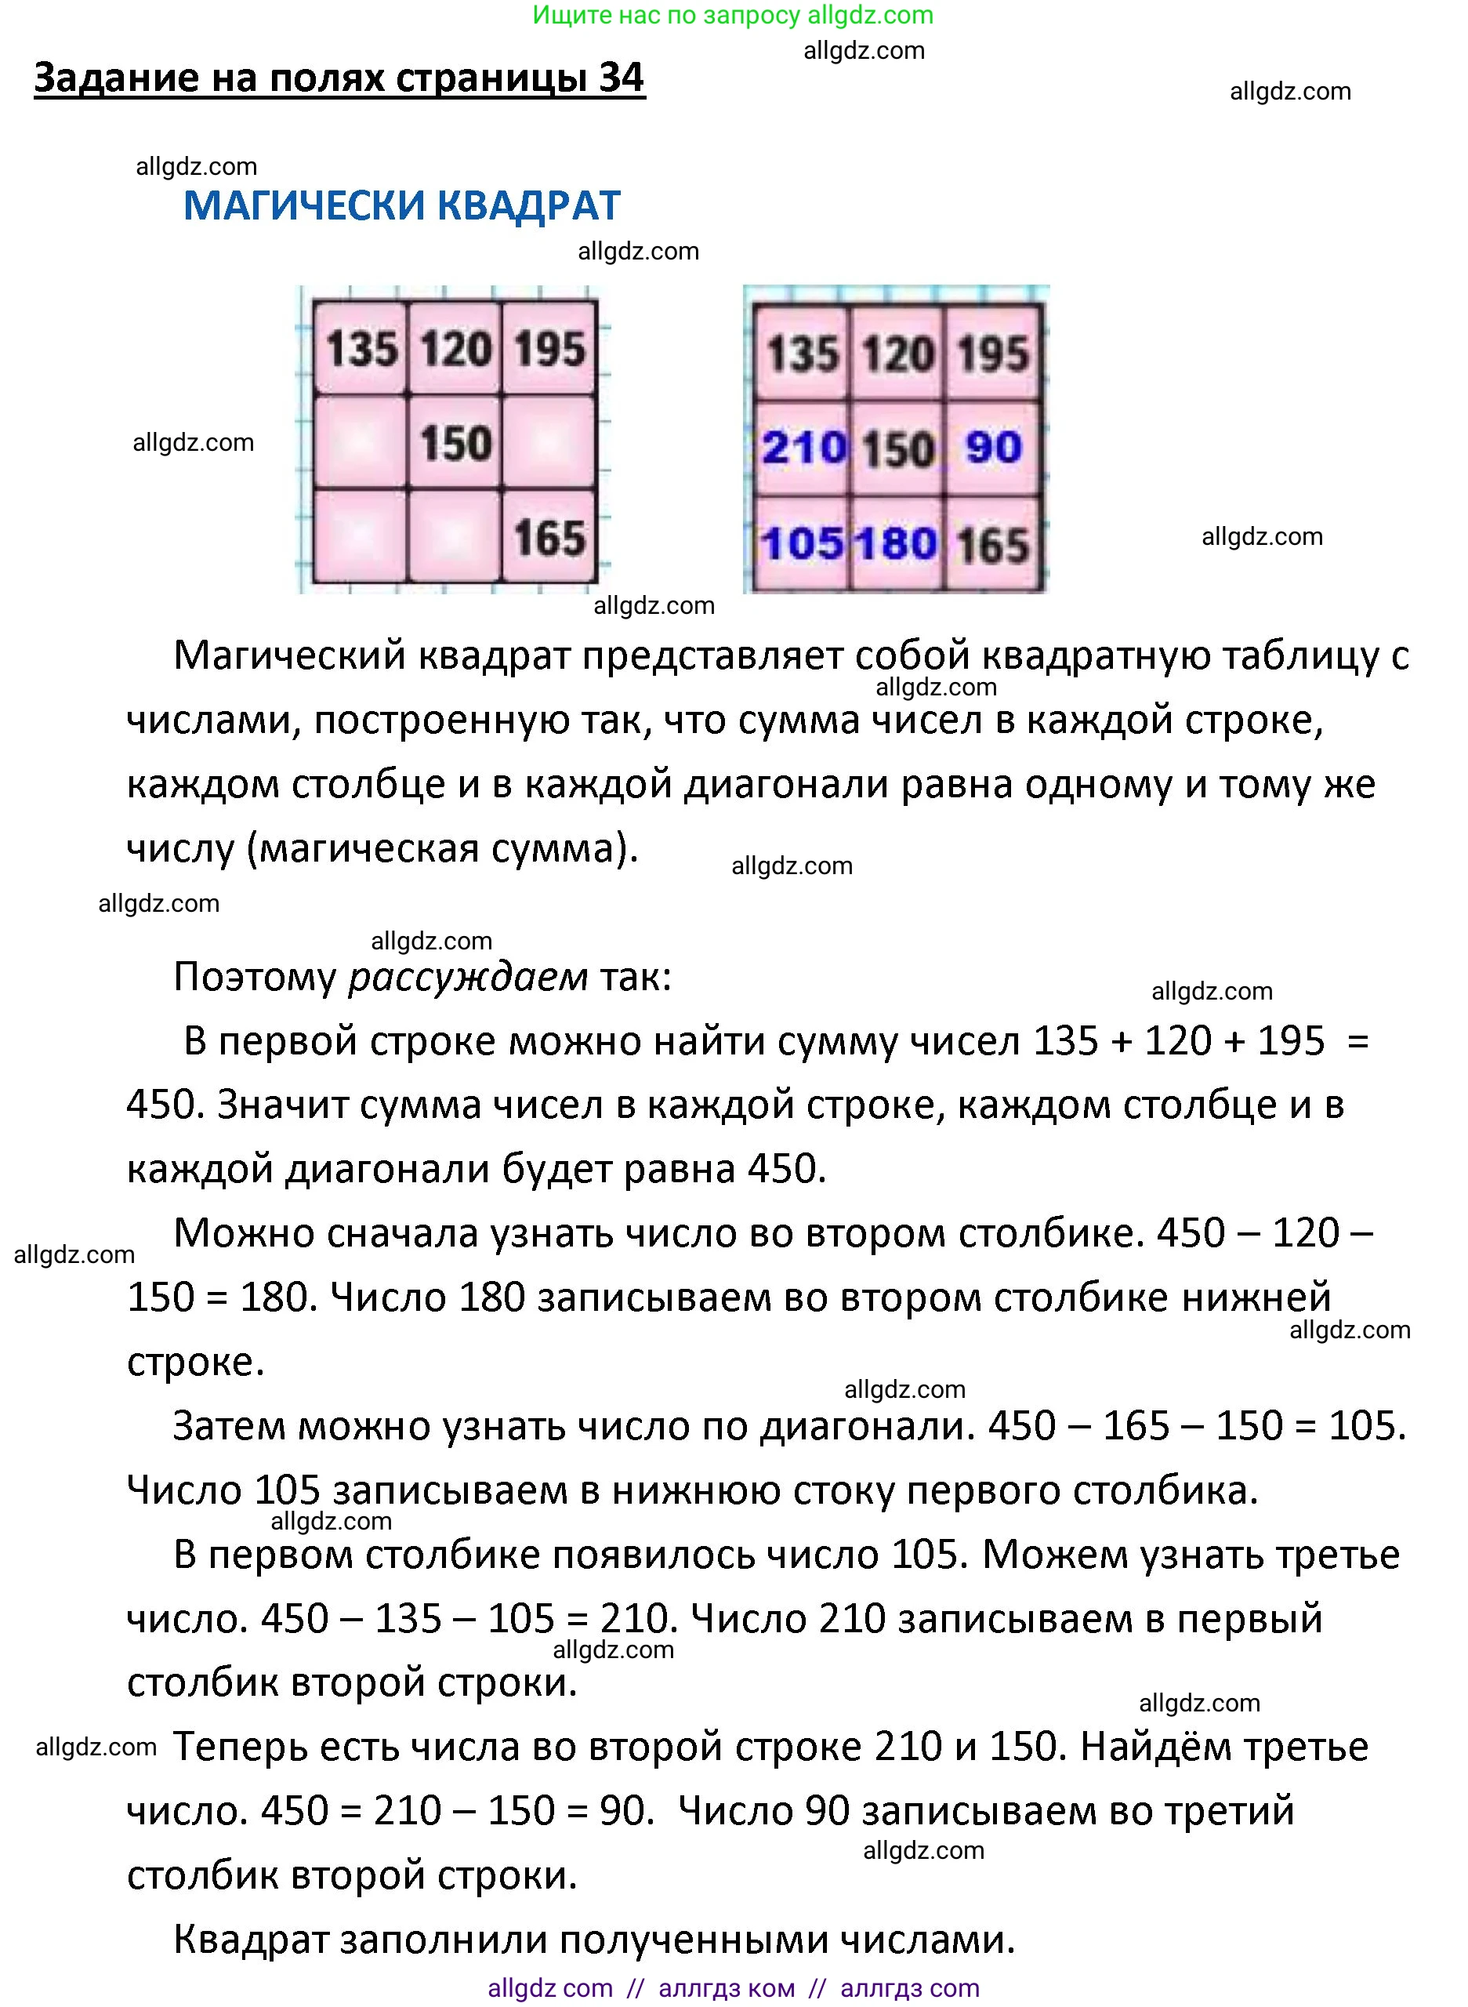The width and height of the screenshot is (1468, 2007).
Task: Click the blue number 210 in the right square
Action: (803, 447)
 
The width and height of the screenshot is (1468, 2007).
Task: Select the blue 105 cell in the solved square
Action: (802, 543)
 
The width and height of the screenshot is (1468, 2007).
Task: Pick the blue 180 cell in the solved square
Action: (897, 543)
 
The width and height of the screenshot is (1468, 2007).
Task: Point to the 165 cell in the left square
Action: (549, 538)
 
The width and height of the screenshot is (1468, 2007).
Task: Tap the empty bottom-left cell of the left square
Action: (361, 536)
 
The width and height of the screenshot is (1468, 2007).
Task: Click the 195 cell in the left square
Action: (549, 348)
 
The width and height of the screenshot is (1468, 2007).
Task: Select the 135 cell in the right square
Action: (802, 353)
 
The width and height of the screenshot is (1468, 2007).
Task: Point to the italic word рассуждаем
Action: (467, 977)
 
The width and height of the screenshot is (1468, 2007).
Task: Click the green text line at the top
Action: (733, 15)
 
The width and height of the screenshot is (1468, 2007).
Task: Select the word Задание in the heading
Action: (117, 78)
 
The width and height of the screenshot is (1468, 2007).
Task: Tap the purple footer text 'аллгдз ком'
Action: (726, 1988)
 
